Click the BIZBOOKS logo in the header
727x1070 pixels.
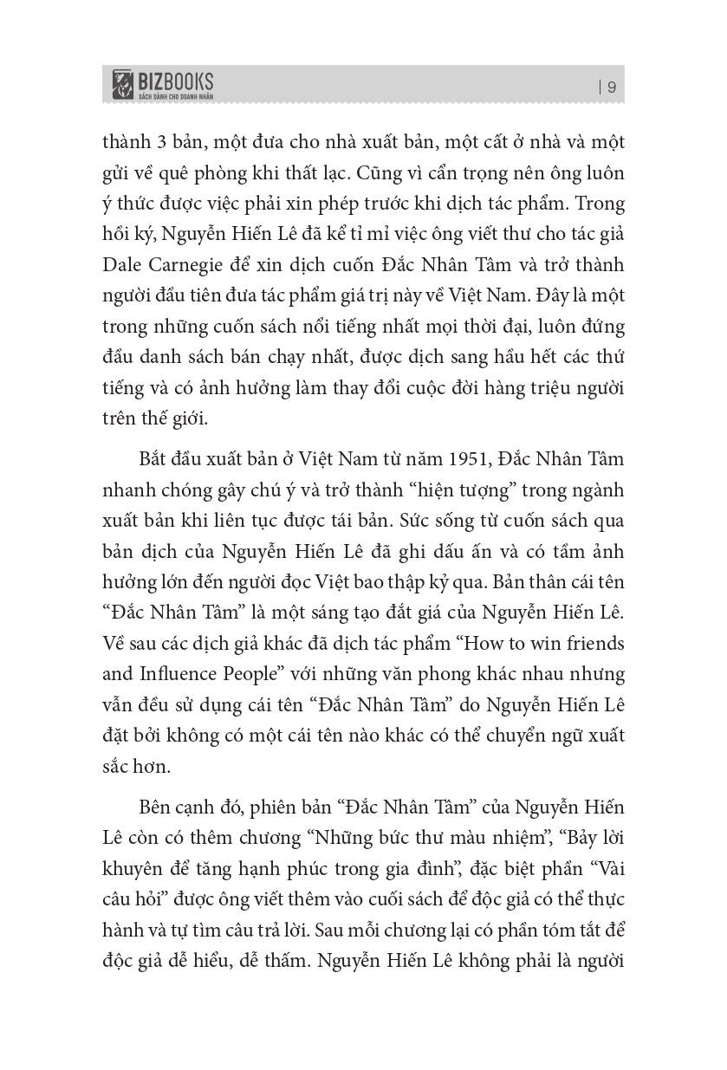click(163, 85)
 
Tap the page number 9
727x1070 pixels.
click(612, 86)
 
